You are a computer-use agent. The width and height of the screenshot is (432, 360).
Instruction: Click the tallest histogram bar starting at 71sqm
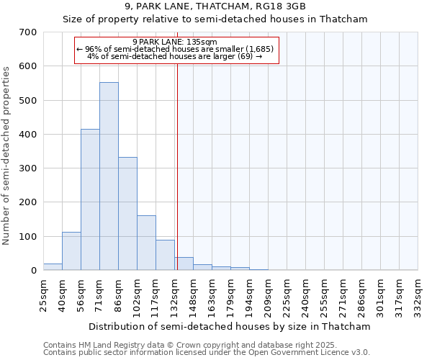(x=109, y=176)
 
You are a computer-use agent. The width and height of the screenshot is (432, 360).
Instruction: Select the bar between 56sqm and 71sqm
(x=90, y=200)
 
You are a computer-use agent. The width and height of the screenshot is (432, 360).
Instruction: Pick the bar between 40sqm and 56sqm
(x=71, y=251)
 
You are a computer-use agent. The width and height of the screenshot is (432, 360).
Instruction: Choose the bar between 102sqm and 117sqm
(x=146, y=243)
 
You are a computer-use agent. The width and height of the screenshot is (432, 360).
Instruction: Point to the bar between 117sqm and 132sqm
(x=165, y=255)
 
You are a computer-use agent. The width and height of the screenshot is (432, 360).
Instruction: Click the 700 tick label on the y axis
(x=29, y=32)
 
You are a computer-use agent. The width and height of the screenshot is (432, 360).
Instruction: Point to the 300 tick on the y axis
(x=29, y=168)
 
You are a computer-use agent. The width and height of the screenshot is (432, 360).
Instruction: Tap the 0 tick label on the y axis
(x=34, y=271)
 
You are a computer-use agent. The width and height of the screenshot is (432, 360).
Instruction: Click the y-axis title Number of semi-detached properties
(x=7, y=156)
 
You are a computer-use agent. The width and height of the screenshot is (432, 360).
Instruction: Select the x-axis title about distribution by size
(x=230, y=326)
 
